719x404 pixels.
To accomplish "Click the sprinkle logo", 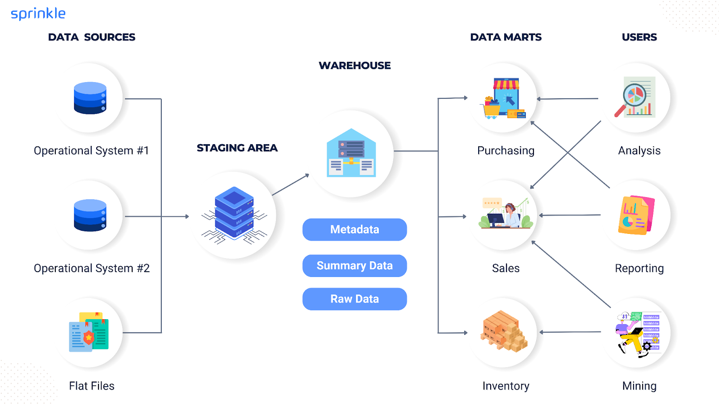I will tap(38, 14).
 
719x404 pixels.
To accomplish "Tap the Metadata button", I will tap(355, 229).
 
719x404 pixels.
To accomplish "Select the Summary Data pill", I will tap(355, 266).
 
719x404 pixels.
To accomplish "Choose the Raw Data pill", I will tap(355, 299).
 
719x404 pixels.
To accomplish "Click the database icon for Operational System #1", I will tap(90, 98).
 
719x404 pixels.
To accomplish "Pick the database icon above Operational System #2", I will tap(90, 215).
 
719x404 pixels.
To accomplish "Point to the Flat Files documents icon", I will tap(89, 332).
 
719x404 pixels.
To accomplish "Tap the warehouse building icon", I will tap(351, 153).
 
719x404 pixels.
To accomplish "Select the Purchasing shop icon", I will tap(504, 98).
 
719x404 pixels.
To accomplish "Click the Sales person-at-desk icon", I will tap(504, 215).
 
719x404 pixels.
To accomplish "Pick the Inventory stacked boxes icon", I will tap(504, 331).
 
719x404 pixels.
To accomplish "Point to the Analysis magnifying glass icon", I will tap(635, 97).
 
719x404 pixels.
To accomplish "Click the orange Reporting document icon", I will tap(636, 215).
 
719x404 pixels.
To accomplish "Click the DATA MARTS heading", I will tap(506, 37).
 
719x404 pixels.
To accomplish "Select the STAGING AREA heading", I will tap(237, 148).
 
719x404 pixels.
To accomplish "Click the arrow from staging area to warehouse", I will tap(290, 184).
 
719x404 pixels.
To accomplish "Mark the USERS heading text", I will tap(639, 37).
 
